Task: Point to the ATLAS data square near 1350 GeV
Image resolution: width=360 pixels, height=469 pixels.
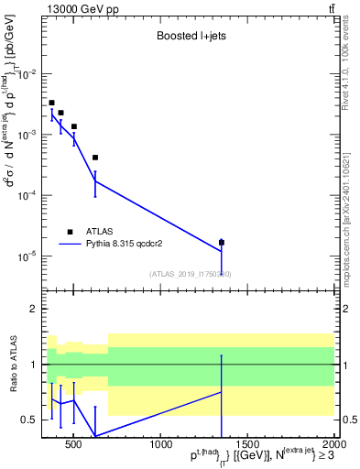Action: click(222, 243)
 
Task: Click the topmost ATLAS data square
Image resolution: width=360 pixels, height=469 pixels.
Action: click(51, 103)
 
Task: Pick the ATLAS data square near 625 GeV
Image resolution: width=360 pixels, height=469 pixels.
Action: click(95, 158)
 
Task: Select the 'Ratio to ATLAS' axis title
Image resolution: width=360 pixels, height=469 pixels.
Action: click(12, 365)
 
